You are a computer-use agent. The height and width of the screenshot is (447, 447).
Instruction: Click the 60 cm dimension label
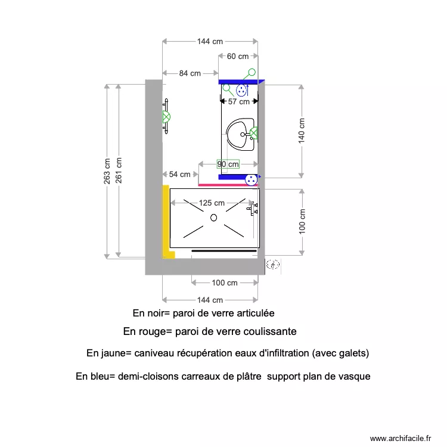tap(237, 57)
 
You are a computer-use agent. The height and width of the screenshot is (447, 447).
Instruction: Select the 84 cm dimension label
tap(190, 73)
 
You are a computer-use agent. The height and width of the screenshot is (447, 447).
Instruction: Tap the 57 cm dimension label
tap(239, 102)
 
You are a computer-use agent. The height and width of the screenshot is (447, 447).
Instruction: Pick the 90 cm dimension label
tap(228, 164)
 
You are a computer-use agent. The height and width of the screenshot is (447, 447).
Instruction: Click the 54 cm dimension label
tap(180, 175)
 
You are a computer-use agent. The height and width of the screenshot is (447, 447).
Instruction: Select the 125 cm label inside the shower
tap(212, 203)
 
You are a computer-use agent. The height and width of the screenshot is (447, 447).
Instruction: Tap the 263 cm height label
tap(107, 171)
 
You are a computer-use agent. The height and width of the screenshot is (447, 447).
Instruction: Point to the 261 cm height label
tap(119, 171)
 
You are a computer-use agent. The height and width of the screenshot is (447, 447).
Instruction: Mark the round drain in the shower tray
tap(213, 218)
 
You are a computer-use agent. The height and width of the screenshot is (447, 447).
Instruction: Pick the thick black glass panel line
tap(224, 251)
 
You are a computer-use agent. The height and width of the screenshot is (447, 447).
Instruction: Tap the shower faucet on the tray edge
tap(256, 208)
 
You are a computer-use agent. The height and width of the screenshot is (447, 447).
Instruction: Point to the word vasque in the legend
tap(356, 377)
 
